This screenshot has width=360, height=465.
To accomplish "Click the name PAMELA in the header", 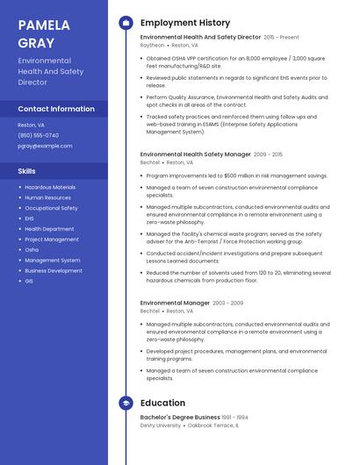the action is click(x=43, y=24).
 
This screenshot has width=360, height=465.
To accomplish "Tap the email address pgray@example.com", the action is click(x=45, y=146).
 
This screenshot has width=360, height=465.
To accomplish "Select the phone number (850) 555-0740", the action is click(x=39, y=135).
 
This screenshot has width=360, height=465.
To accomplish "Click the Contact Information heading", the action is click(x=56, y=109).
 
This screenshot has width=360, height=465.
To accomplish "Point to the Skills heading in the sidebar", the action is click(x=27, y=171).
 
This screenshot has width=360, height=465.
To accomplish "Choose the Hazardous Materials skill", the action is click(x=50, y=187).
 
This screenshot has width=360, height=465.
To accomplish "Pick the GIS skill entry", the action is click(x=29, y=282).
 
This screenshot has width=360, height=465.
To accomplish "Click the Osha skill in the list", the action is click(x=32, y=250).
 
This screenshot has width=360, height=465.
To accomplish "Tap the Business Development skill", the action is click(x=54, y=271).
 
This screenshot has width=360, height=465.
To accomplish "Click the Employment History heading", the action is click(x=184, y=23).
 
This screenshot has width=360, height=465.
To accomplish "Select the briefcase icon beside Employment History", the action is click(x=125, y=23).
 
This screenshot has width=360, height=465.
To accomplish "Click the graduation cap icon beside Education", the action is click(x=125, y=403).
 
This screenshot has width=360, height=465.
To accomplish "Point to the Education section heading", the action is click(x=162, y=403).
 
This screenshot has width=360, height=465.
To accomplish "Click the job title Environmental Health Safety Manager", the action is click(x=195, y=154).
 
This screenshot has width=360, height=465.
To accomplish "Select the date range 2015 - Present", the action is click(x=281, y=38).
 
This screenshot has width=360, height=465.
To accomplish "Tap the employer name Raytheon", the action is click(x=152, y=45).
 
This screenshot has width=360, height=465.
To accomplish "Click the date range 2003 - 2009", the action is click(x=231, y=303).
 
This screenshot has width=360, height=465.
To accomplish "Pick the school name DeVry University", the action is click(x=160, y=425).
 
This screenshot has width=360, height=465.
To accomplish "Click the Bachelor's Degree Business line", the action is click(x=180, y=417).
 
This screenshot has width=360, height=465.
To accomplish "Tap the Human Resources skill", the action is click(x=47, y=197).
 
